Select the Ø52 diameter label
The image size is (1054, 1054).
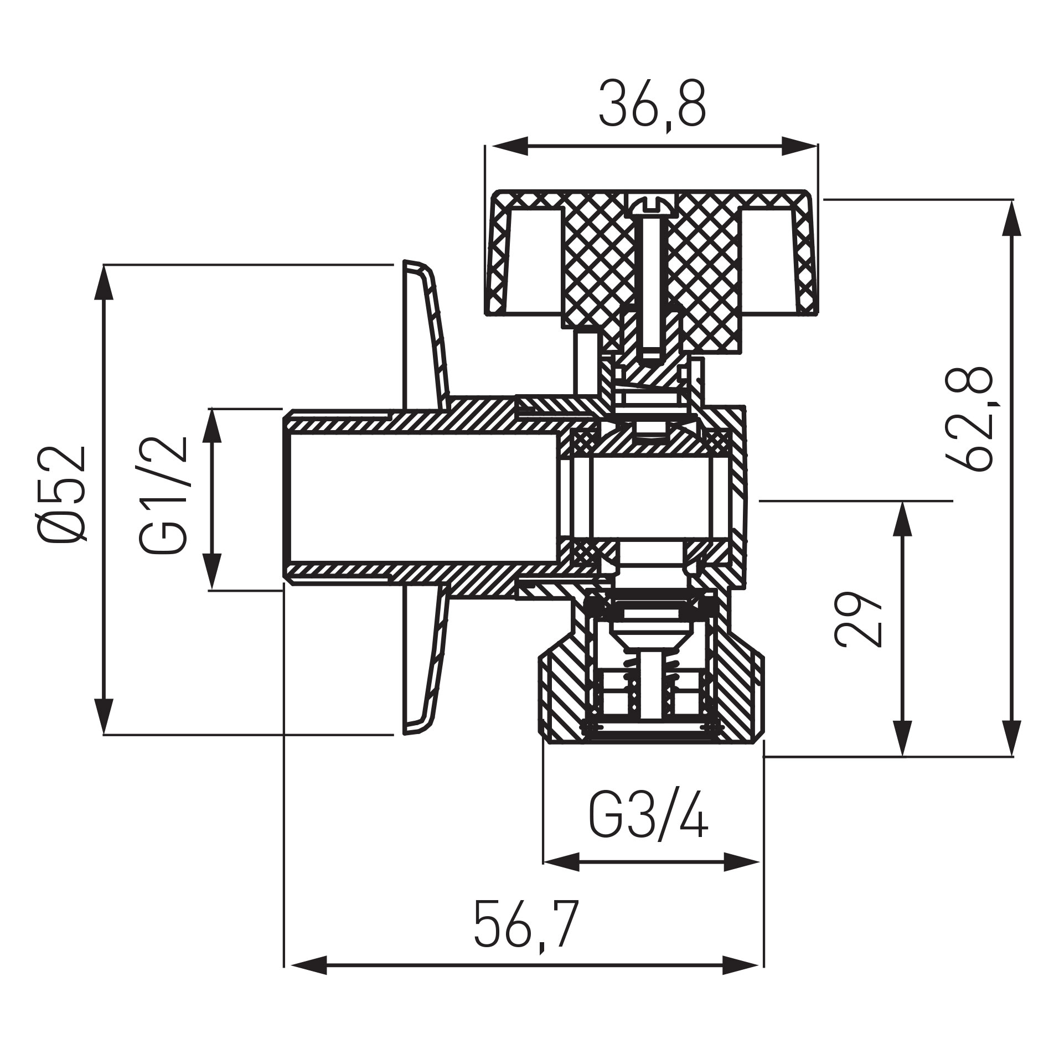63,494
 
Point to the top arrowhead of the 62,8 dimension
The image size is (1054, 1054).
1012,219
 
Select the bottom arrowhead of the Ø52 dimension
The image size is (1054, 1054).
104,717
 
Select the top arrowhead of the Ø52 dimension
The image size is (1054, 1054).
104,282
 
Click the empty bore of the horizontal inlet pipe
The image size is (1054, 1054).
421,498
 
